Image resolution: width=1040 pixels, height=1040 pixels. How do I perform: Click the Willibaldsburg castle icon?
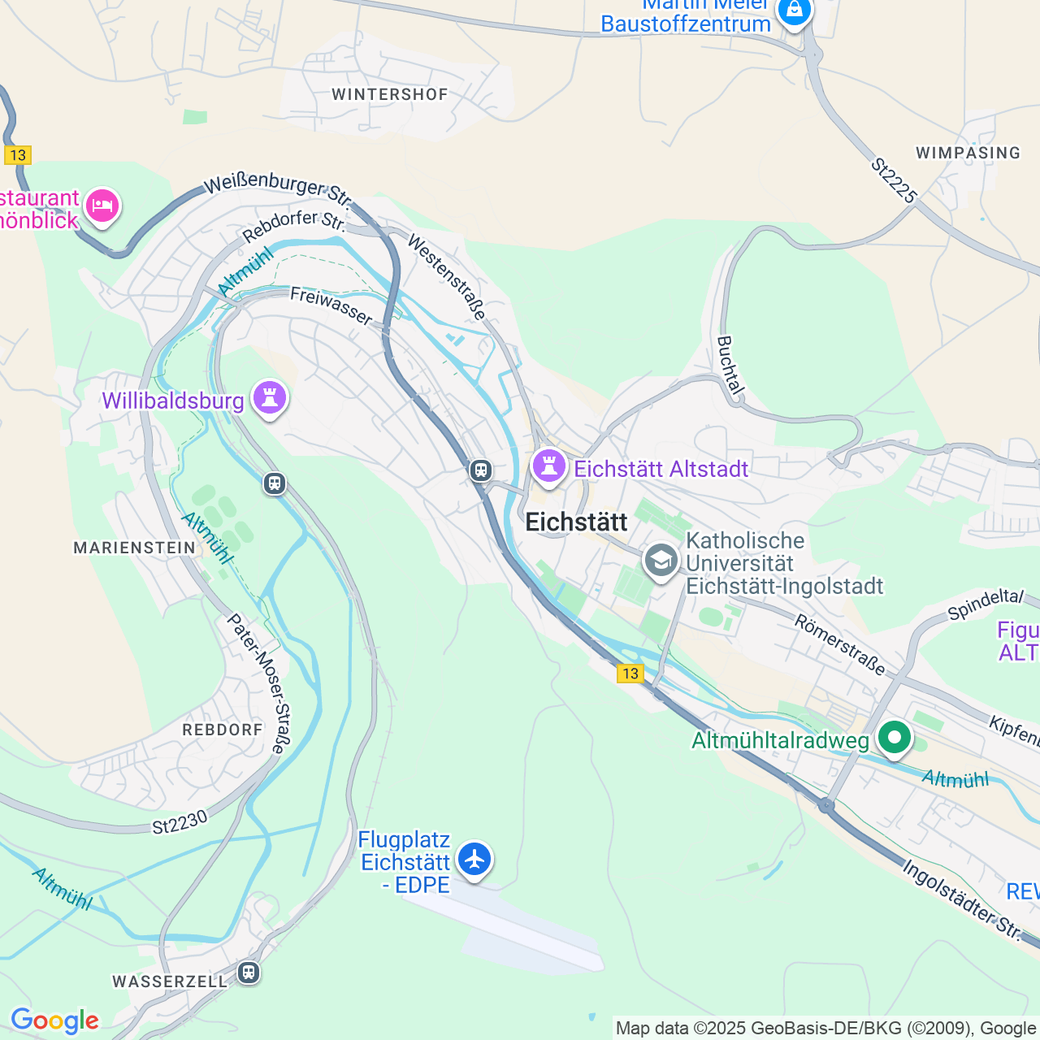(270, 398)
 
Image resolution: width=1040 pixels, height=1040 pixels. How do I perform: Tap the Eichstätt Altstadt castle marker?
(548, 467)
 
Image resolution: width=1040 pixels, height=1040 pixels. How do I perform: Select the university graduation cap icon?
(661, 561)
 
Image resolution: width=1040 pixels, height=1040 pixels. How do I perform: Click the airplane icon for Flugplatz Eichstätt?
(474, 859)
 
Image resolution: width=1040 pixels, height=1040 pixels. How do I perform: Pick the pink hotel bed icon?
(102, 206)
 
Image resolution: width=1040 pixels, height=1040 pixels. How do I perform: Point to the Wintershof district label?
(390, 94)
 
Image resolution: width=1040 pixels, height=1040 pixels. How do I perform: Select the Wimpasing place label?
(968, 153)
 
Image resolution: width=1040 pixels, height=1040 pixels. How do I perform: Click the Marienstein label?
(135, 548)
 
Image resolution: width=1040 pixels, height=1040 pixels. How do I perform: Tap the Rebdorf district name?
(223, 730)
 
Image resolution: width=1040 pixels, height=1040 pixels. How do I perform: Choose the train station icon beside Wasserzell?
(249, 972)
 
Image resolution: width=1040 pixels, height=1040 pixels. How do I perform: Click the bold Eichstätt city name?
(577, 522)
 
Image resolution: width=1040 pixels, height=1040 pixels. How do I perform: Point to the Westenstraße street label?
(447, 277)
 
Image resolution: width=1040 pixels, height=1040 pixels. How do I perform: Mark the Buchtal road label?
(731, 366)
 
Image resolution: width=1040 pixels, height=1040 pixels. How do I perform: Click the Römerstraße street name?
(840, 645)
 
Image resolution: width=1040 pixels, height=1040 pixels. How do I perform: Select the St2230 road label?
(180, 823)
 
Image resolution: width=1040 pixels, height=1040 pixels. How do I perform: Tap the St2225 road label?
(894, 180)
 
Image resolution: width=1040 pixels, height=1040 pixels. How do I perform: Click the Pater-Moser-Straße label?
(257, 682)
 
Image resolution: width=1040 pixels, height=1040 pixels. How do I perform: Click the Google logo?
(54, 1020)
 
